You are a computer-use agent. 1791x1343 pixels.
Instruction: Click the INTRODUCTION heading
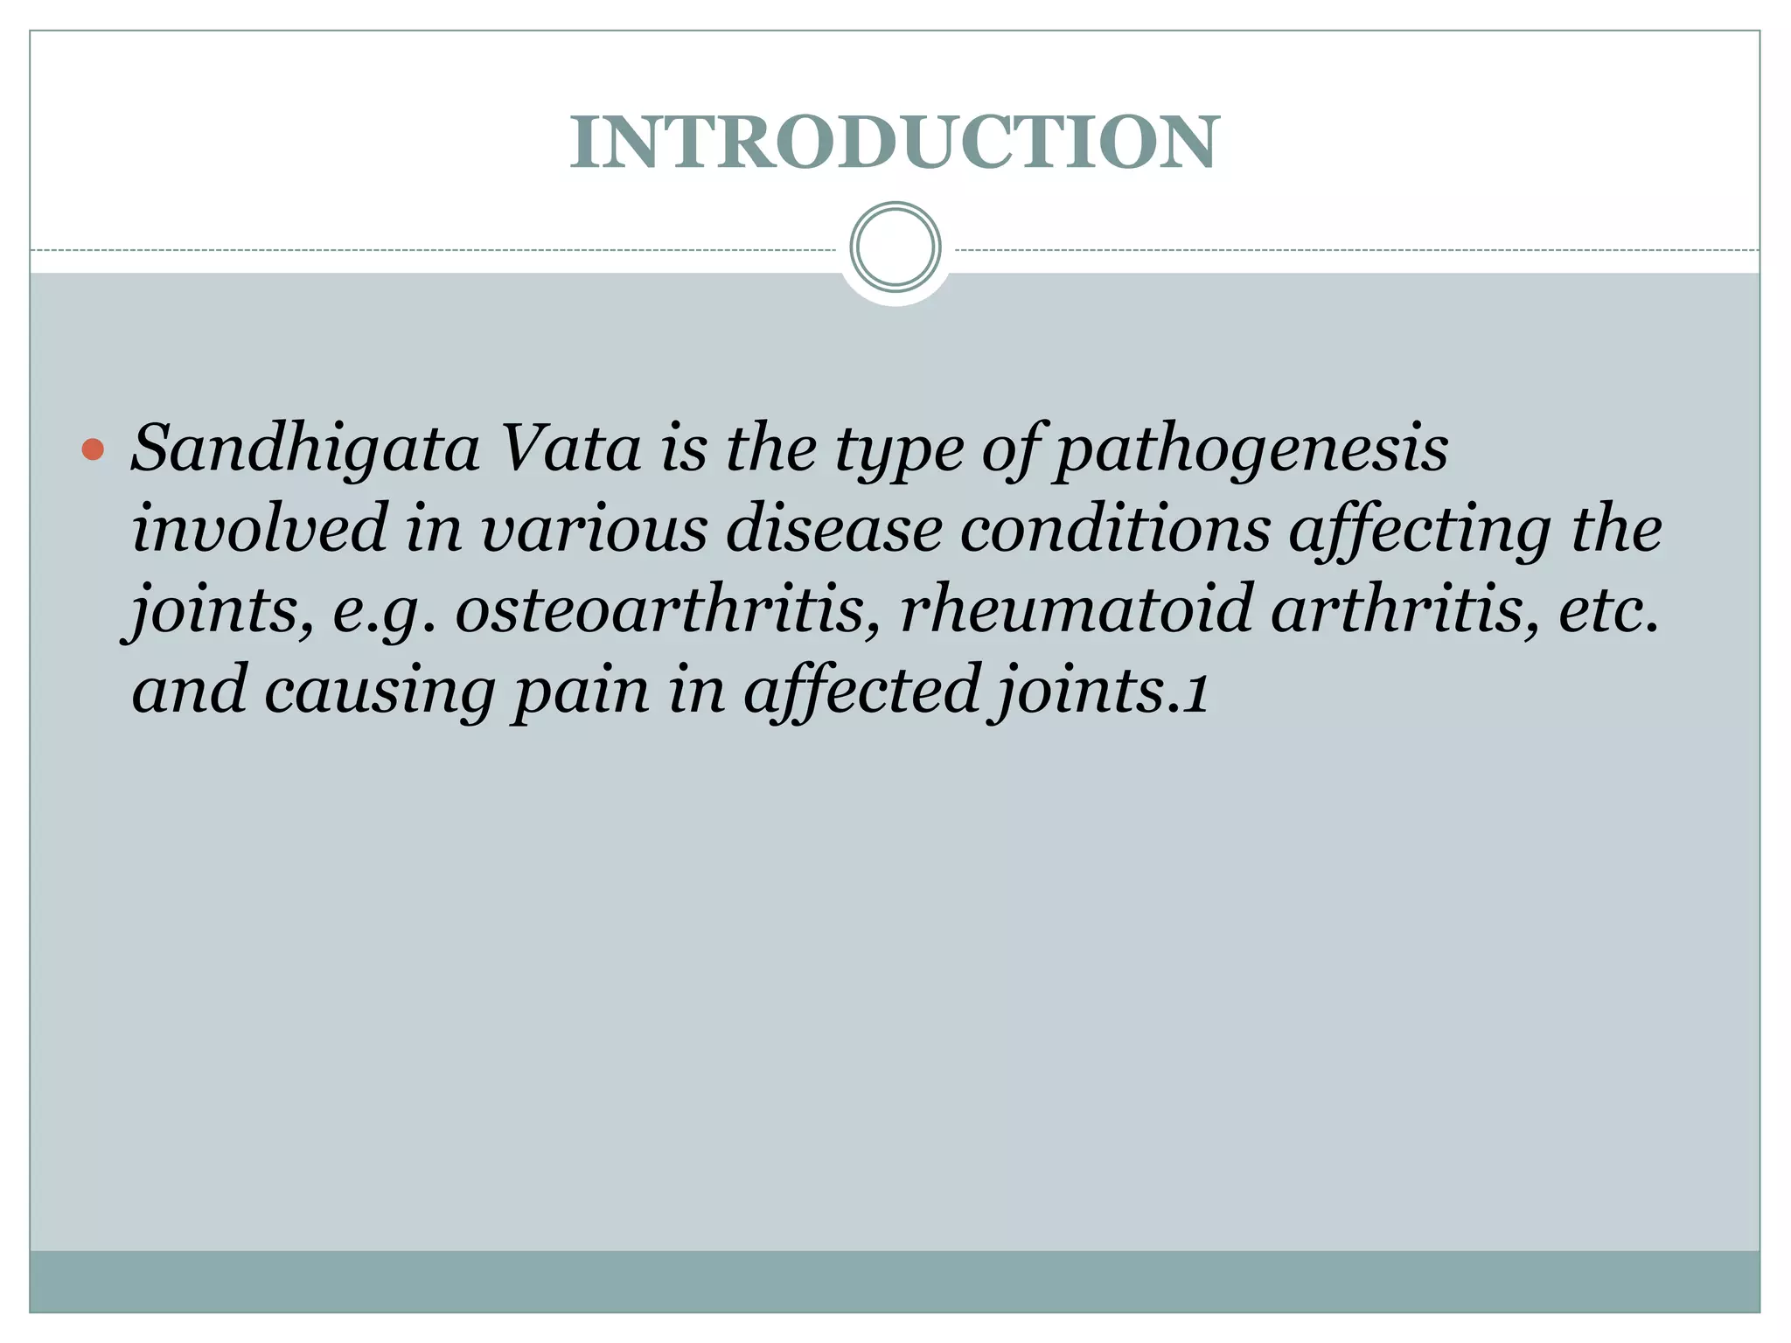click(894, 142)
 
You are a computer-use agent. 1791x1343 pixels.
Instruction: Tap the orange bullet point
click(93, 450)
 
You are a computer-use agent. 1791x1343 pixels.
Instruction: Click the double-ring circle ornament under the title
click(895, 247)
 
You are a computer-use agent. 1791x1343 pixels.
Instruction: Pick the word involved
click(259, 528)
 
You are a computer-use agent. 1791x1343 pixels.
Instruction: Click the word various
click(595, 530)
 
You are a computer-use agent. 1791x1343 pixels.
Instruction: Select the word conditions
click(1114, 530)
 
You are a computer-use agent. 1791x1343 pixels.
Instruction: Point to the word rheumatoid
click(1077, 609)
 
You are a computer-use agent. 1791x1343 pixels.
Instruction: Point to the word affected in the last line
click(861, 689)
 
